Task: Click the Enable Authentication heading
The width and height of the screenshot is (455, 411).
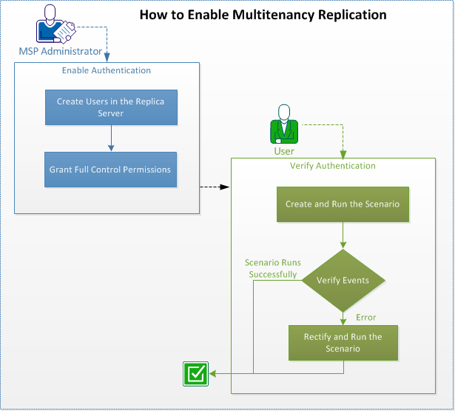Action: coord(107,70)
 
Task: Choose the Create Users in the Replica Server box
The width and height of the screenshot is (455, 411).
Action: coord(111,107)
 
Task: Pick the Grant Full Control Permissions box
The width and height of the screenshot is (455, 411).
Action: coord(110,170)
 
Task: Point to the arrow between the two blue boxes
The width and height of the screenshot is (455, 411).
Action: coord(110,138)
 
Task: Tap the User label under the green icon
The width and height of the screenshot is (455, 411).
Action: coord(284,151)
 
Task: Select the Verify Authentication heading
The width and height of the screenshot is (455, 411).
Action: coord(332,166)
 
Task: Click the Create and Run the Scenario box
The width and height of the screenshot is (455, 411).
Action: coord(342,204)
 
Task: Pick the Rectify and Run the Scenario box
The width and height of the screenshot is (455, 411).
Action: coord(343,343)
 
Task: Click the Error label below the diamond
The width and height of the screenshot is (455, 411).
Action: coord(366,318)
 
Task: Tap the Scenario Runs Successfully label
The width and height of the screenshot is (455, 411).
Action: coord(272,268)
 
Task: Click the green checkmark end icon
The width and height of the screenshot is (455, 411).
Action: coord(195,374)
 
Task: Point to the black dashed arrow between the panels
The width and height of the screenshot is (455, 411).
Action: coord(215,187)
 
